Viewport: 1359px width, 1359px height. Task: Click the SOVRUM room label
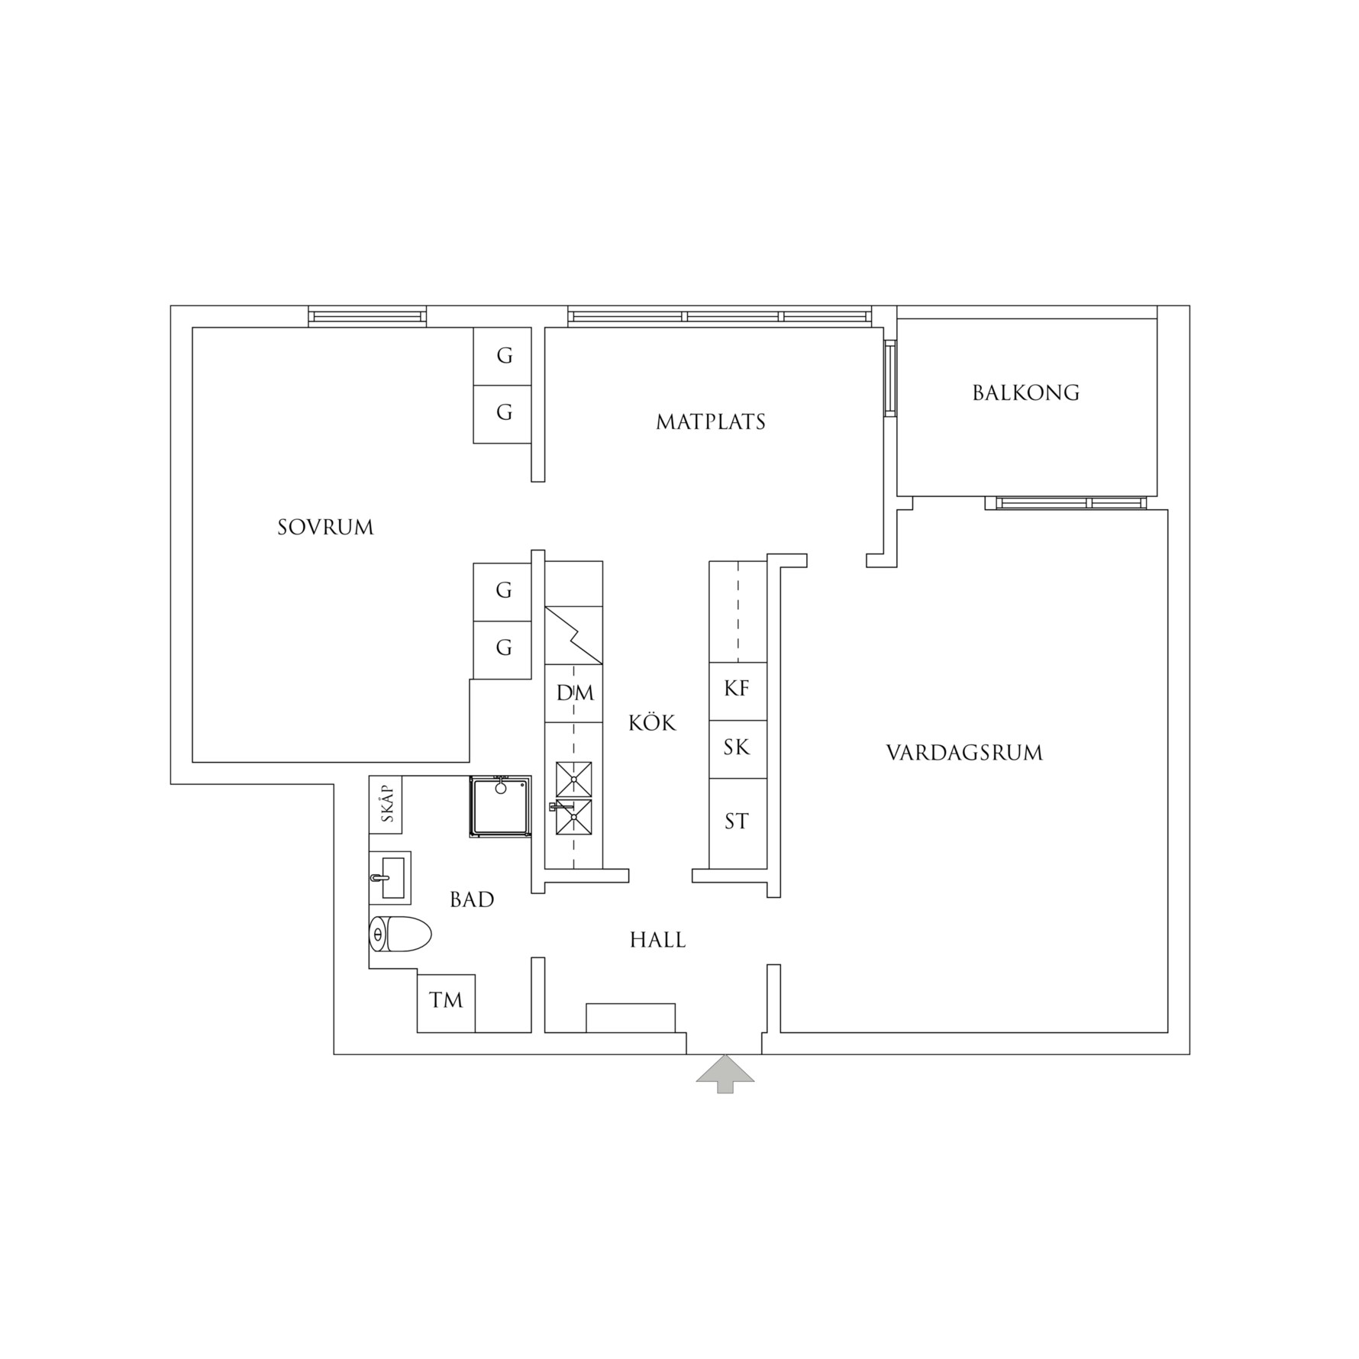(x=326, y=528)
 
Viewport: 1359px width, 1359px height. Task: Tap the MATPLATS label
(x=711, y=422)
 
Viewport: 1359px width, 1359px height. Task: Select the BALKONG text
(x=1026, y=393)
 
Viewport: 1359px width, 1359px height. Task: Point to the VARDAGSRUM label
(x=965, y=753)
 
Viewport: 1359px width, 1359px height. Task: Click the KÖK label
(x=653, y=722)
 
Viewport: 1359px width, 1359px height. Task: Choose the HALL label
(x=658, y=940)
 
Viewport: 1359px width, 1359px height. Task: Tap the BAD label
(x=472, y=899)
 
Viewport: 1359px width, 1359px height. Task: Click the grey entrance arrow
(x=725, y=1075)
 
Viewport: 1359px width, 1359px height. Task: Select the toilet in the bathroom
(x=400, y=934)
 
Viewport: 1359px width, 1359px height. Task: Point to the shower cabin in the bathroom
(x=500, y=806)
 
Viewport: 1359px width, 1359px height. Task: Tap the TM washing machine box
(x=446, y=1003)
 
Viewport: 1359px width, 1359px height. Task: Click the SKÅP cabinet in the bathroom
(x=386, y=805)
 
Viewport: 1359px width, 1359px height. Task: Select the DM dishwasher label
(x=575, y=693)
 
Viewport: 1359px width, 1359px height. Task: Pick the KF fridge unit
(x=738, y=691)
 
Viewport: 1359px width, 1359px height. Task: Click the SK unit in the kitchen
(x=738, y=749)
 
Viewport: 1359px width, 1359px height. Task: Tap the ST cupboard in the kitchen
(x=738, y=823)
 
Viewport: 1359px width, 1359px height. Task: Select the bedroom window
(x=367, y=316)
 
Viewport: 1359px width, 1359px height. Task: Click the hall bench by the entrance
(x=631, y=1018)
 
